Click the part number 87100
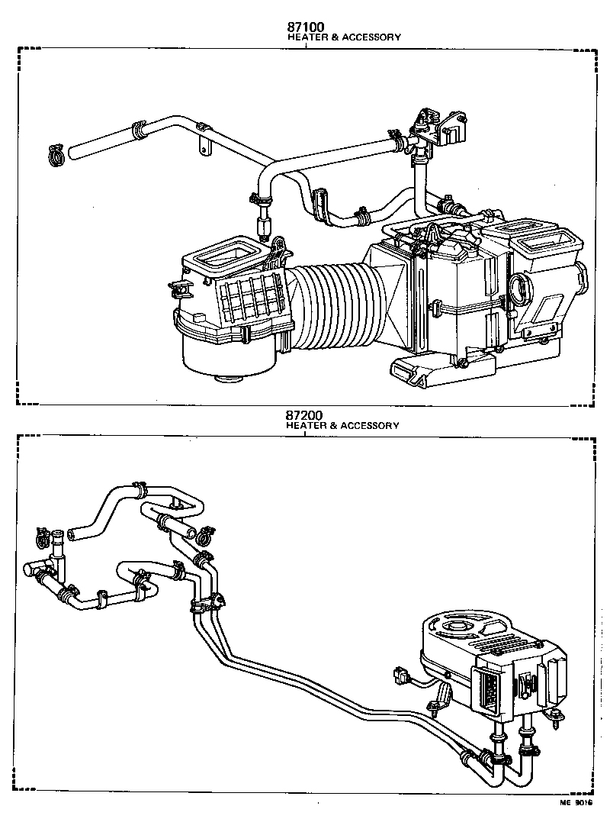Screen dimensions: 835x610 click(306, 27)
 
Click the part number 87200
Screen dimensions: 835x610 click(306, 416)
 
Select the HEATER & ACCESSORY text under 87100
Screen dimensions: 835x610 click(343, 37)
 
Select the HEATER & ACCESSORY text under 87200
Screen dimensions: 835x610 click(343, 426)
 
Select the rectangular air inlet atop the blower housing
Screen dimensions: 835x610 click(227, 254)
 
